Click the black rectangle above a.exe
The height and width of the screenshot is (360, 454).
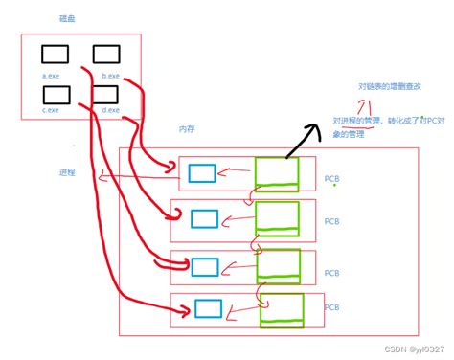point(55,55)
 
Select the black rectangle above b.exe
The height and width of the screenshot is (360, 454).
point(107,55)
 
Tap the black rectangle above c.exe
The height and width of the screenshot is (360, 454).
point(57,94)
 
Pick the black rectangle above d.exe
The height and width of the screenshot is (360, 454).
point(106,94)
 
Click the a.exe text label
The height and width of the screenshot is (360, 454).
point(52,75)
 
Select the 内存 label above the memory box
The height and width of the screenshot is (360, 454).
point(188,129)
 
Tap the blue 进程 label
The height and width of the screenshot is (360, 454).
point(67,172)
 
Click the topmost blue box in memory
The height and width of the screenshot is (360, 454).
point(201,173)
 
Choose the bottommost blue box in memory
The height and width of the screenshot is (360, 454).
point(208,307)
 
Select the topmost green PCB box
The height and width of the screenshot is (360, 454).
point(277,172)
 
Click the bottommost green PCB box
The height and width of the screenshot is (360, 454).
point(279,309)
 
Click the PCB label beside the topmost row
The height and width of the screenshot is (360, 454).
point(331,179)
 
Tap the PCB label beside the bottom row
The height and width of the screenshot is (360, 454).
point(331,307)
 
